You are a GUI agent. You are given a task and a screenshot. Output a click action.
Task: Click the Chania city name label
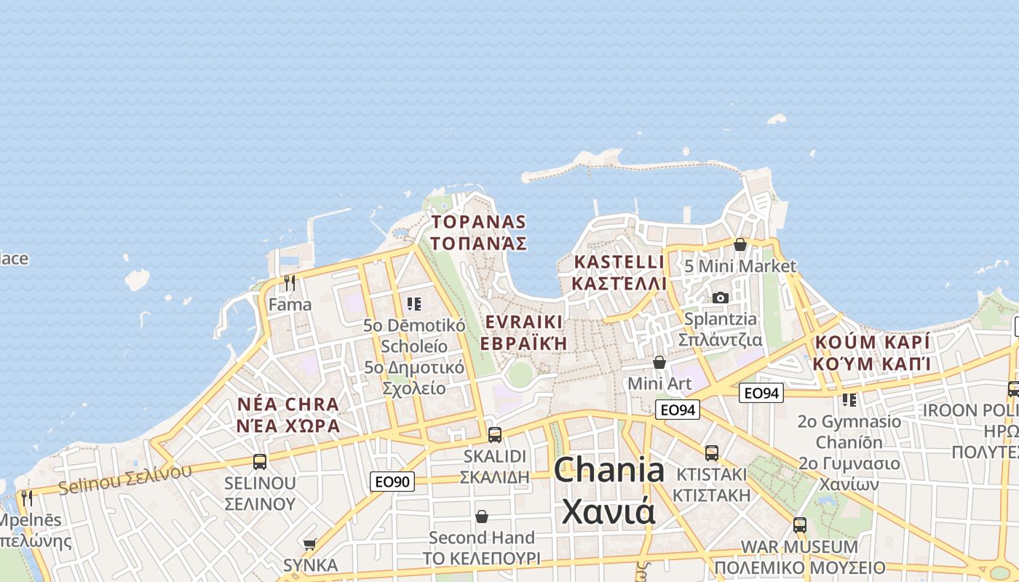[x=608, y=491]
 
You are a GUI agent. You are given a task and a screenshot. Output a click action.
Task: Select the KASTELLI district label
[x=619, y=272]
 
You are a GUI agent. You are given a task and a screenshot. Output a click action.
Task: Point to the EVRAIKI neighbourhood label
[x=523, y=332]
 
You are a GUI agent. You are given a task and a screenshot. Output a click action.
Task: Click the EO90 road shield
[x=392, y=481]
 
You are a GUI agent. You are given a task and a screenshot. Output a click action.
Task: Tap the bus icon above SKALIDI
[x=495, y=435]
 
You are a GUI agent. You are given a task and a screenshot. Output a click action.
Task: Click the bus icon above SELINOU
[x=260, y=461]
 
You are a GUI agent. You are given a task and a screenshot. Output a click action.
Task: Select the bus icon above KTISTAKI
[x=712, y=453]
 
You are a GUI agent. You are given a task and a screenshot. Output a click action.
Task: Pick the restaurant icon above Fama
[x=290, y=282]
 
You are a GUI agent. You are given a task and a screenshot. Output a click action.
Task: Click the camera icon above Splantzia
[x=721, y=298]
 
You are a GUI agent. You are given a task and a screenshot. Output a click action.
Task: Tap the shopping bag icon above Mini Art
[x=659, y=362]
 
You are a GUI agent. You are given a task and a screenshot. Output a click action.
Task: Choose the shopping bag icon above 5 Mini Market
[x=740, y=244]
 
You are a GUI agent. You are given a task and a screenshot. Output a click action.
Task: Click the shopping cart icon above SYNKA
[x=310, y=543]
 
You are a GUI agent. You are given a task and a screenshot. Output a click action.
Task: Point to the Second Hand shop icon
[x=481, y=517]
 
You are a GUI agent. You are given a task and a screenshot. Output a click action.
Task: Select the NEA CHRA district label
[x=288, y=415]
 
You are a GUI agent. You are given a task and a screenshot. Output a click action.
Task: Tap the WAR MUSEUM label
[x=799, y=557]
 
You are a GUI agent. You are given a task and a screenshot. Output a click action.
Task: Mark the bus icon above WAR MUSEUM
[x=800, y=525]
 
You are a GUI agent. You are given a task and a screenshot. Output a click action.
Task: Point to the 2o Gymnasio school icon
[x=849, y=399]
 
